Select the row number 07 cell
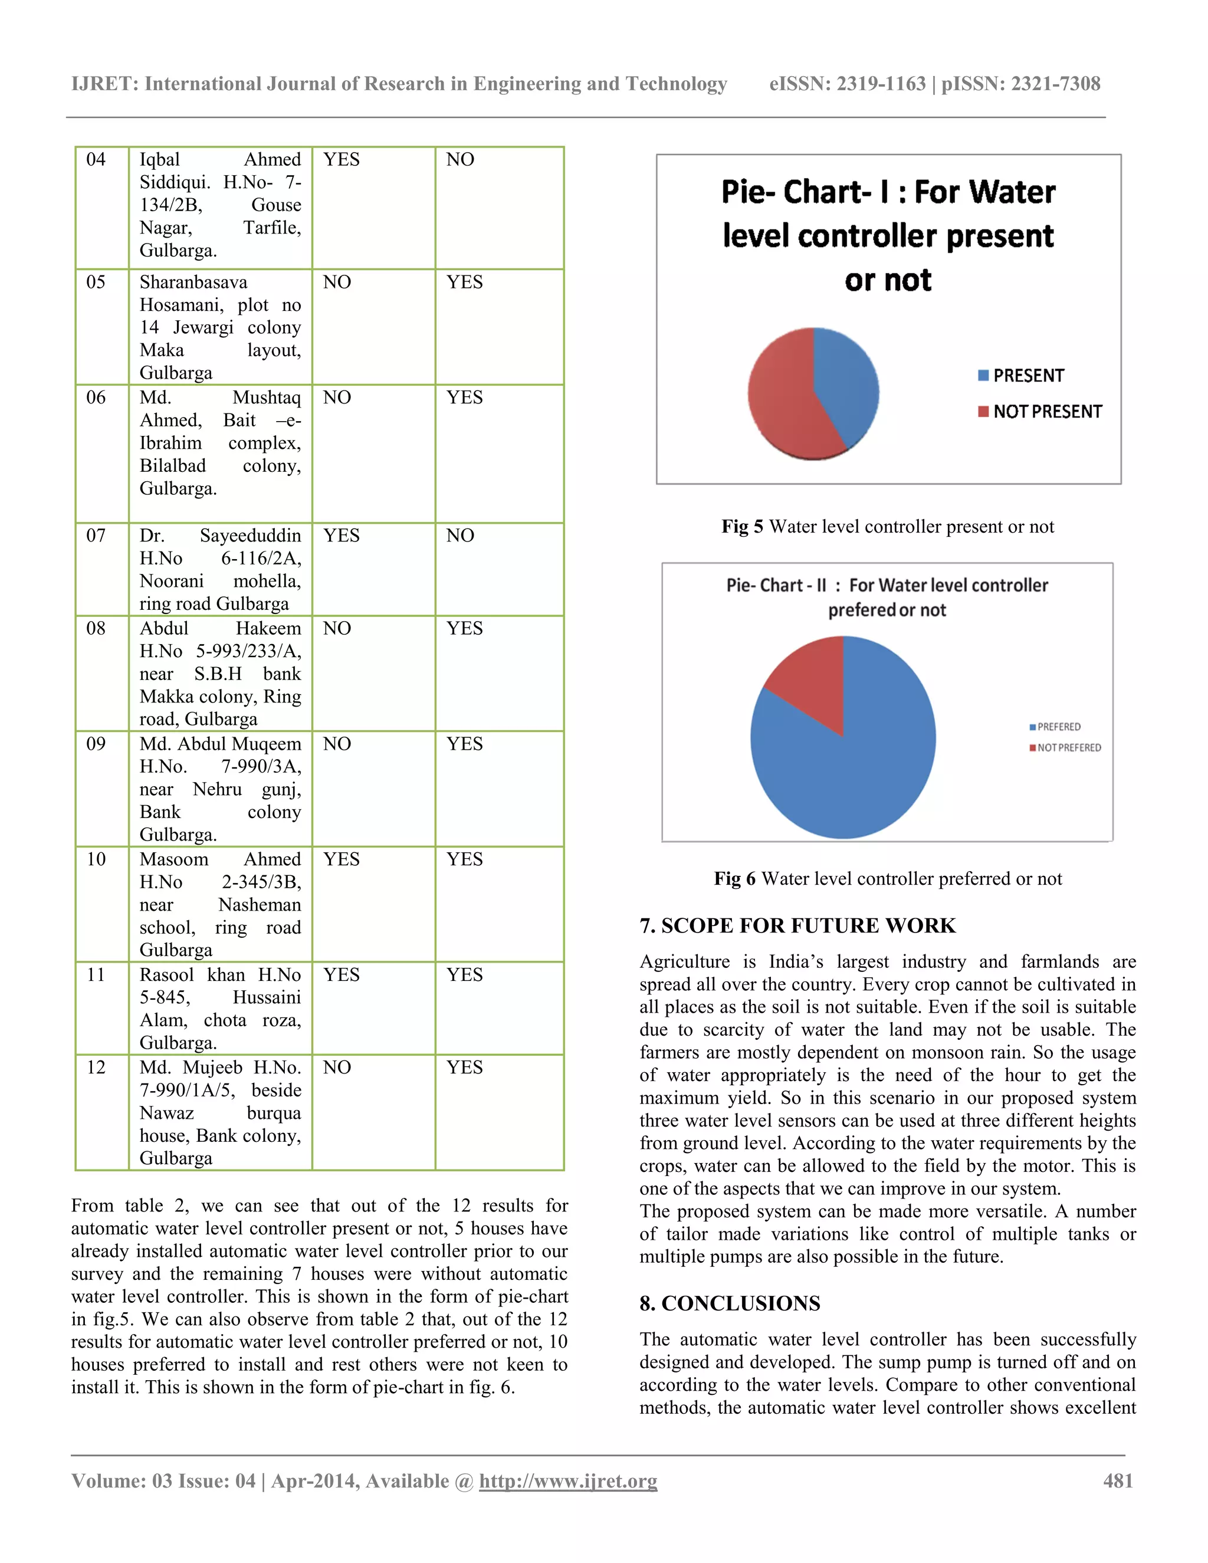click(x=96, y=536)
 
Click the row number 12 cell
click(x=96, y=1067)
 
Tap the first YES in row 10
click(x=342, y=859)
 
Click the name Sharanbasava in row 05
click(x=193, y=282)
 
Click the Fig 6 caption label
click(x=734, y=879)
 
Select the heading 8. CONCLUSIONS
click(x=730, y=1303)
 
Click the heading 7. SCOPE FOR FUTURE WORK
click(x=797, y=925)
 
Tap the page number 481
click(x=1118, y=1480)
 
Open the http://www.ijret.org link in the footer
click(x=568, y=1480)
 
